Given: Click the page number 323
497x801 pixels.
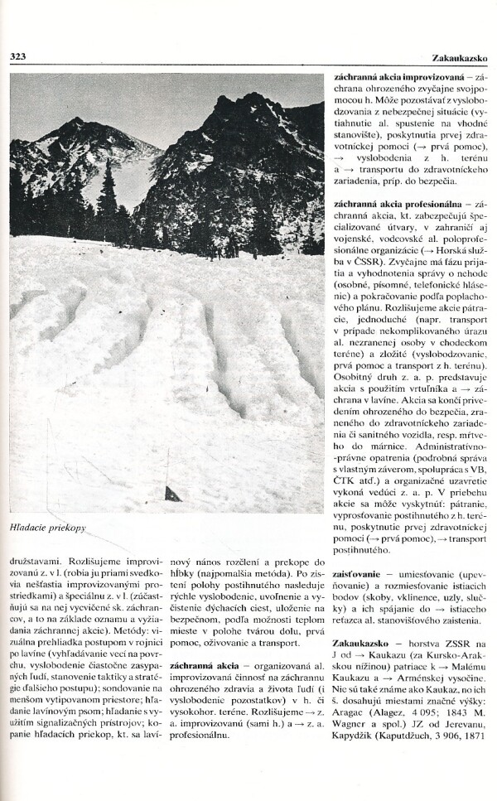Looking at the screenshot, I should pos(19,57).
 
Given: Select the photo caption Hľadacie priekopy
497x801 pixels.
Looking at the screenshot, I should pos(49,526).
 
